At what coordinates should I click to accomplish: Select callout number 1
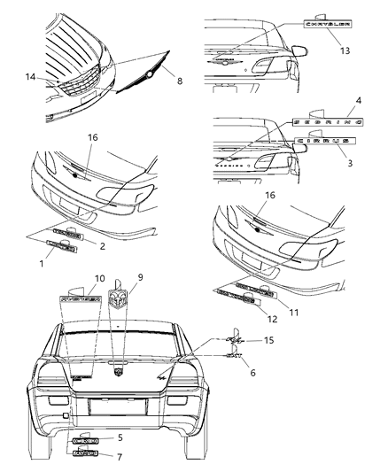pyautogui.click(x=21, y=262)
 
